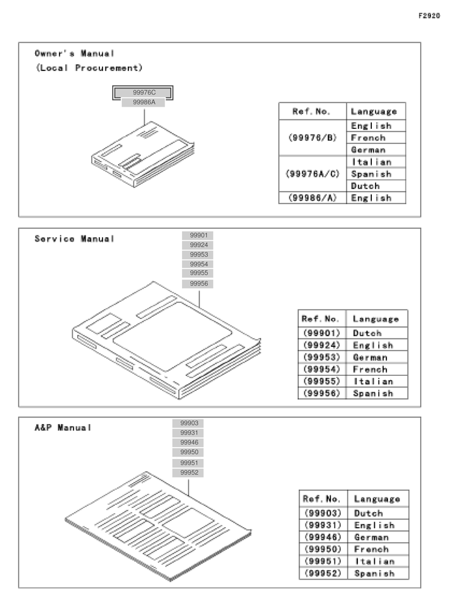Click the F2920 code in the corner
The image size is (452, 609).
click(429, 16)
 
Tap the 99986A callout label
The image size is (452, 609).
click(143, 102)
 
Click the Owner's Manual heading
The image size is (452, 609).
click(74, 54)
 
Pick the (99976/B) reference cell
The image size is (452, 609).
click(312, 138)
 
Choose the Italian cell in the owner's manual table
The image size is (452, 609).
click(372, 162)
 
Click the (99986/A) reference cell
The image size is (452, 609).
click(312, 198)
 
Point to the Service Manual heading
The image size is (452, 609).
click(74, 239)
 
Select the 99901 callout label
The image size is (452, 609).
click(198, 236)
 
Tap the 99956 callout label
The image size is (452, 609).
click(198, 284)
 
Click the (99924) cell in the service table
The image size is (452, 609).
click(322, 345)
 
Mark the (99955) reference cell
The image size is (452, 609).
click(322, 381)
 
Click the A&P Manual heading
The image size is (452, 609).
click(63, 428)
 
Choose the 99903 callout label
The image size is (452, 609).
click(188, 423)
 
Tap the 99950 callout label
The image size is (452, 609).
click(188, 452)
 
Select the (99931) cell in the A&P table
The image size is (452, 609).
click(323, 525)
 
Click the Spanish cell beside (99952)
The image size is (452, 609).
click(374, 573)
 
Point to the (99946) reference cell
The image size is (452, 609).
click(323, 537)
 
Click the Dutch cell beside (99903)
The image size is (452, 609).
click(368, 513)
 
